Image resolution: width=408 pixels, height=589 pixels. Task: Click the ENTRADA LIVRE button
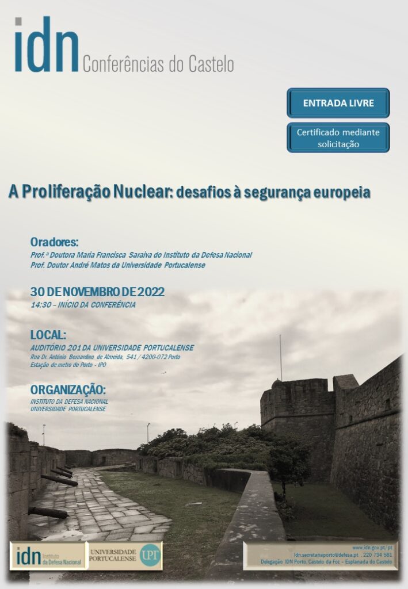tap(338, 104)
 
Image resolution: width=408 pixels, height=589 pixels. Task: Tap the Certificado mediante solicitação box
tap(338, 138)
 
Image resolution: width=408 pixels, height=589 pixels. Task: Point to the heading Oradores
tap(54, 242)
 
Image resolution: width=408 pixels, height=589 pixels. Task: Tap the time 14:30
tap(41, 305)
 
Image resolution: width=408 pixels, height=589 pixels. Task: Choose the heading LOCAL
tap(48, 335)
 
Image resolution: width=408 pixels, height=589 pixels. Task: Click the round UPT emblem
tap(150, 555)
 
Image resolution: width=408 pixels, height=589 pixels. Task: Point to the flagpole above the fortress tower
tap(281, 357)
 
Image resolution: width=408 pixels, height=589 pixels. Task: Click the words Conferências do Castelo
tap(158, 64)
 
